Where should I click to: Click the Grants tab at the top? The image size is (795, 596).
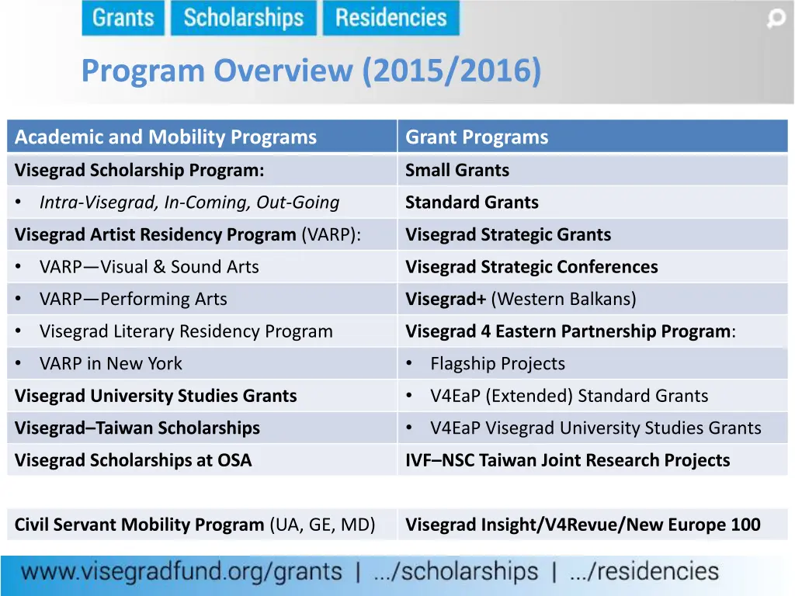tap(123, 18)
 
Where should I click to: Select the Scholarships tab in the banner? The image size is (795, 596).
tap(243, 18)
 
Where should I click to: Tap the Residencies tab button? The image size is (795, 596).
tap(391, 18)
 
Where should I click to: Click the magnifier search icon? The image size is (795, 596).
tap(776, 19)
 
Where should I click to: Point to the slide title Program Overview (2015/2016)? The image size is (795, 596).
tap(311, 71)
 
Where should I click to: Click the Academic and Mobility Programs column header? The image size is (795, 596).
tap(165, 137)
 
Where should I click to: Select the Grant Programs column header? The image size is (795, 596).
tap(476, 137)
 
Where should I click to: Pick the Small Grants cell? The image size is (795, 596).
tap(457, 170)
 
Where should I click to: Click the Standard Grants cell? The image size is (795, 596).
tap(471, 203)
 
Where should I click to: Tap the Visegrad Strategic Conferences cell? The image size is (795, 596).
tap(531, 267)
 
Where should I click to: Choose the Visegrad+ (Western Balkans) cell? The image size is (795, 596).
tap(520, 299)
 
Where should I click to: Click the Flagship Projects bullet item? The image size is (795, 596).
tap(497, 363)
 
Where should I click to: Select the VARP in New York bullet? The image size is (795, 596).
tap(110, 363)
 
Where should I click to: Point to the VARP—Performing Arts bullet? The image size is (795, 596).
tap(133, 299)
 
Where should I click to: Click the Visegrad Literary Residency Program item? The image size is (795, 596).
tap(186, 331)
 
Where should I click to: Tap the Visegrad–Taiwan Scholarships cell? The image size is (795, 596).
tap(137, 428)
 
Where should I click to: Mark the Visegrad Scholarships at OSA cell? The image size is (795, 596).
tap(133, 460)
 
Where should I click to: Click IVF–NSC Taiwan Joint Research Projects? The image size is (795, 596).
tap(567, 460)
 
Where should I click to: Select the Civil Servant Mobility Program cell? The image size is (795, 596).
tap(194, 525)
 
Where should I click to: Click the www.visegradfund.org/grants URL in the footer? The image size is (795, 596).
tap(182, 573)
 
